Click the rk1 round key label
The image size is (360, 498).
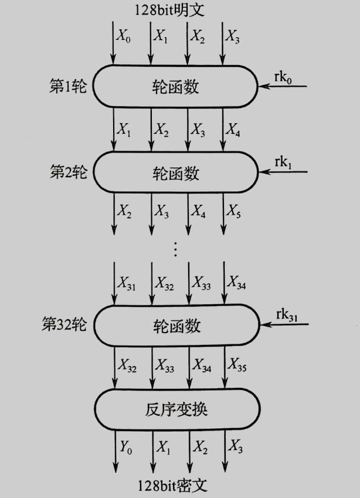coord(283,164)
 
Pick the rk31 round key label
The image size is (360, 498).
coord(287,315)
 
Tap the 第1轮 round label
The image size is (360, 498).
coord(68,87)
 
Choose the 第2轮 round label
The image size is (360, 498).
coord(68,172)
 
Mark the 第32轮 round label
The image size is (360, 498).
coord(64,324)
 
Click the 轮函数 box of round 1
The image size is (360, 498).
coord(176,87)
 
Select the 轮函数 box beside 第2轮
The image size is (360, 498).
coord(176,173)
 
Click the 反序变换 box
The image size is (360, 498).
coord(176,408)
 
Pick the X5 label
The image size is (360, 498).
coord(235,211)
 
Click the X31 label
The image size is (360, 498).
coord(126,284)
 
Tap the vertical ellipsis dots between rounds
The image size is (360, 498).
coord(175,249)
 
